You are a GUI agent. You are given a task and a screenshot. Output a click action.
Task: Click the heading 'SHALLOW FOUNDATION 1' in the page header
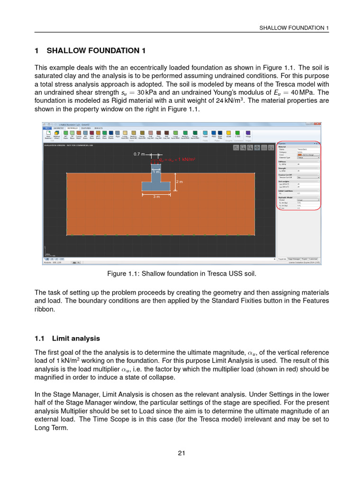pyautogui.click(x=294, y=28)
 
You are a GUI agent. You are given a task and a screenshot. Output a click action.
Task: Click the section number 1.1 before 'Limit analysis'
pyautogui.click(x=40, y=339)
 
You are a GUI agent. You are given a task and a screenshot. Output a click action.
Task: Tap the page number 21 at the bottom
pyautogui.click(x=182, y=453)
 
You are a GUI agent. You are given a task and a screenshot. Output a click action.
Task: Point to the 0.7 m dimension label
pyautogui.click(x=139, y=154)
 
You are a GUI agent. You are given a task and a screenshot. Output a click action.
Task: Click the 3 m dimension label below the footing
pyautogui.click(x=156, y=196)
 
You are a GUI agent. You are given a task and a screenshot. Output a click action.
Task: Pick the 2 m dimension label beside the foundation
pyautogui.click(x=179, y=182)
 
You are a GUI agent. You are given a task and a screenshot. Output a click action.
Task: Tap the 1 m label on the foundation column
pyautogui.click(x=156, y=172)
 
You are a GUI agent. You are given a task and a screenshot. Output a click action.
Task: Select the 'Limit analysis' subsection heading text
pyautogui.click(x=76, y=339)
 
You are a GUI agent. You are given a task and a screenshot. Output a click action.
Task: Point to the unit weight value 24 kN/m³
pyautogui.click(x=229, y=101)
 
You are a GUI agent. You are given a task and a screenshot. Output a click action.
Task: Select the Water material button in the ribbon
pyautogui.click(x=205, y=135)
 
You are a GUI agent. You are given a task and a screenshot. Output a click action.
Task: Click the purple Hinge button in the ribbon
pyautogui.click(x=248, y=135)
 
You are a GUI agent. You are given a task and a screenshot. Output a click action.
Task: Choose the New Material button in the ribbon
pyautogui.click(x=48, y=135)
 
